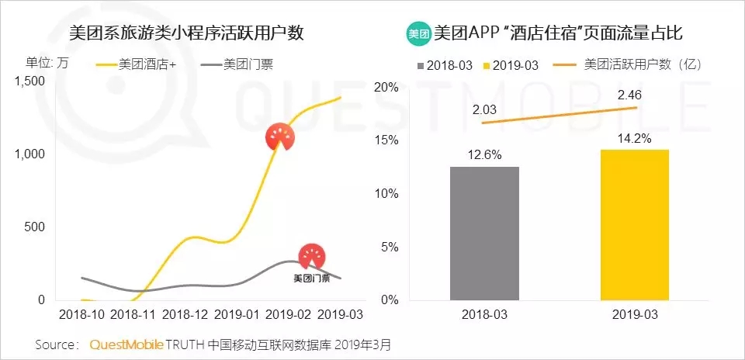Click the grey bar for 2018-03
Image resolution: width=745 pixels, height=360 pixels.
(484, 234)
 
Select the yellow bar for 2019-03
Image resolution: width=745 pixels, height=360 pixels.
(635, 225)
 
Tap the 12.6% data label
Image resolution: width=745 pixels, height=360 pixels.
(484, 155)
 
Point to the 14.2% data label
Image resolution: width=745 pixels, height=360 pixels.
(634, 139)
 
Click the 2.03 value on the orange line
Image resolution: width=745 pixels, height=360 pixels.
(484, 109)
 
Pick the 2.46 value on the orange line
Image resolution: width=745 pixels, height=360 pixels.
(629, 95)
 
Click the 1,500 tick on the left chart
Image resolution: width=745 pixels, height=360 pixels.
(29, 81)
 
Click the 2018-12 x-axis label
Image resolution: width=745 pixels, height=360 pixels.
(186, 314)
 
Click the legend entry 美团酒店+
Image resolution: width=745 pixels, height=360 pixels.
(136, 64)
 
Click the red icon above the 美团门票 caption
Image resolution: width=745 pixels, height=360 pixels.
(312, 257)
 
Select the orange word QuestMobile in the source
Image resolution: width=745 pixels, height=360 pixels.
(126, 344)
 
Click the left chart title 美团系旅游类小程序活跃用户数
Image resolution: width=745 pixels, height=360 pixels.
(186, 33)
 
